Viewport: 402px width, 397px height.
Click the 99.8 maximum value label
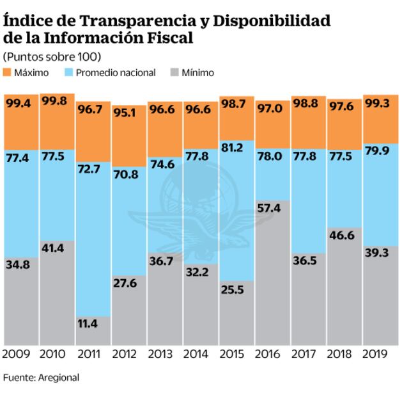(x=53, y=102)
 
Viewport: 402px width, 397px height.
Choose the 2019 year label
(x=376, y=354)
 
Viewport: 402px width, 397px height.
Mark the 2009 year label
(x=17, y=354)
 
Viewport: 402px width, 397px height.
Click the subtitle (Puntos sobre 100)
(x=43, y=56)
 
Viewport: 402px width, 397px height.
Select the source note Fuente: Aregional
(x=41, y=378)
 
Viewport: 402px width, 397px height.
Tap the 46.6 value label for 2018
(x=341, y=236)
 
